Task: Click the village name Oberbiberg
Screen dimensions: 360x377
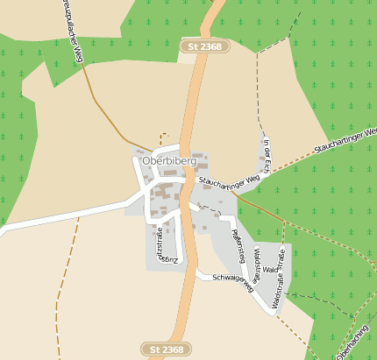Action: [x=168, y=161]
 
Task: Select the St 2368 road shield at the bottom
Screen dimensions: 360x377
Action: [x=167, y=349]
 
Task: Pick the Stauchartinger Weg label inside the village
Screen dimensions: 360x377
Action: [x=230, y=181]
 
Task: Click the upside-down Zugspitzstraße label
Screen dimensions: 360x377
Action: [x=160, y=246]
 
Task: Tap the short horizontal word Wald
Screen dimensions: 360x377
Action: [x=269, y=270]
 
